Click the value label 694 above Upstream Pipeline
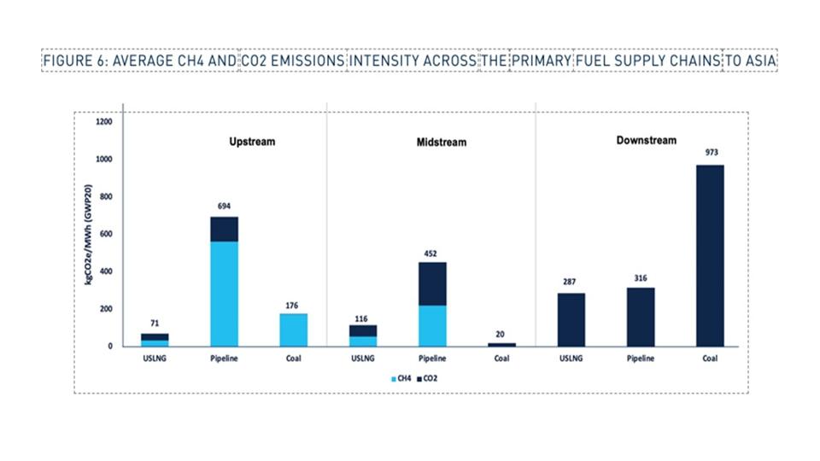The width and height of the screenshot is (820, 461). coord(225,206)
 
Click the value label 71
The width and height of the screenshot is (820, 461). coord(155,323)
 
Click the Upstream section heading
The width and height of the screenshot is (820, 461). coord(252,142)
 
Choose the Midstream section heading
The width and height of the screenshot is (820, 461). coord(442,142)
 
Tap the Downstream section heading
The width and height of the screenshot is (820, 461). coord(646,140)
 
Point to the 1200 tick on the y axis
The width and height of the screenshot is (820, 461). coord(102,122)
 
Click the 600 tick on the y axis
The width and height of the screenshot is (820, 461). coord(105,234)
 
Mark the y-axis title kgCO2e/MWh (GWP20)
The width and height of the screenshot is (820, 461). coord(88,234)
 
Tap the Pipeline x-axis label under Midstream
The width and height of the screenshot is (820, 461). coord(432,359)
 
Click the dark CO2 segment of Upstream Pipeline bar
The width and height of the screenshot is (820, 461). coord(224,229)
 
